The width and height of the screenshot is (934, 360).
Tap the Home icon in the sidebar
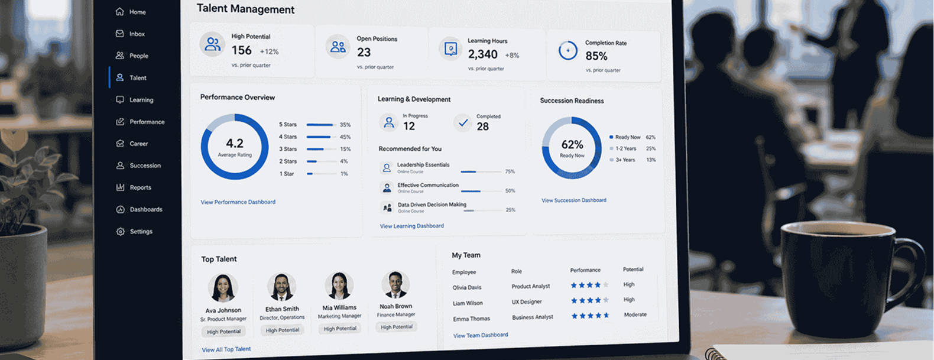tap(119, 12)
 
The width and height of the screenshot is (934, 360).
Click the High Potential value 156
tap(241, 50)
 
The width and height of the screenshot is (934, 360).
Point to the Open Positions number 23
tap(364, 52)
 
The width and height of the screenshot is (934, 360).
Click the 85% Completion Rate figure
tap(596, 56)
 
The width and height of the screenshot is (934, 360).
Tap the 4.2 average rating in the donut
tap(235, 144)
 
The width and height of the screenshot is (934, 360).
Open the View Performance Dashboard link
tap(238, 202)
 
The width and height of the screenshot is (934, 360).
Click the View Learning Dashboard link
tap(411, 226)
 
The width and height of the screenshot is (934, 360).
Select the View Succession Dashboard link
tap(574, 200)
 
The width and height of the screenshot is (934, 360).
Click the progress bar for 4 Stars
tap(321, 137)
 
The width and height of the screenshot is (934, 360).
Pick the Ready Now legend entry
tap(625, 137)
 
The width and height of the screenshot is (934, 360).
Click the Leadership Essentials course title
tap(423, 165)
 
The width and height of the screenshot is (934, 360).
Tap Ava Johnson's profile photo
tap(223, 287)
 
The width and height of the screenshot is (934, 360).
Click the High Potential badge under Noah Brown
tap(396, 327)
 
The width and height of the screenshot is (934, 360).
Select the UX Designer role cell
tap(527, 301)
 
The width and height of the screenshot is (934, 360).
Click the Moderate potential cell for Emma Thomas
tap(635, 314)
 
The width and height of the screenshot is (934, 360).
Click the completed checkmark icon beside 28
tap(463, 123)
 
